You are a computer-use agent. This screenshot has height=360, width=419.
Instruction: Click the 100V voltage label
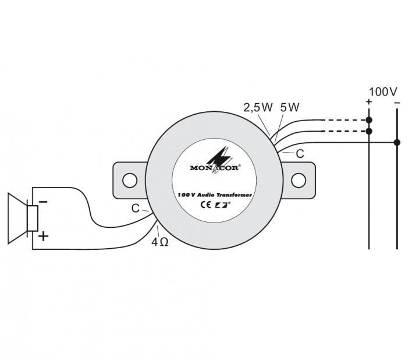click(382, 92)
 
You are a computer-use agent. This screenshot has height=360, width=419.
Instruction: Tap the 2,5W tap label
click(258, 107)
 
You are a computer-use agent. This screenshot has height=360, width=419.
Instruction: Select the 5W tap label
click(289, 107)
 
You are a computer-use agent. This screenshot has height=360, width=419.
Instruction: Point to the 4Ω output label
click(159, 242)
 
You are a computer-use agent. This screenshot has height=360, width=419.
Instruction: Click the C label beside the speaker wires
click(135, 208)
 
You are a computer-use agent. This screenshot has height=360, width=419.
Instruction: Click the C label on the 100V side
click(300, 154)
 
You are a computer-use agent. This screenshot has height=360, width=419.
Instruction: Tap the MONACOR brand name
click(215, 168)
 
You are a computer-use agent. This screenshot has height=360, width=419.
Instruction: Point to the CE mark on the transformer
click(205, 204)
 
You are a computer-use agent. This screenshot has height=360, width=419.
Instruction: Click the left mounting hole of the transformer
click(129, 180)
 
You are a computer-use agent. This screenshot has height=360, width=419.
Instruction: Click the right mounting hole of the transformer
click(298, 180)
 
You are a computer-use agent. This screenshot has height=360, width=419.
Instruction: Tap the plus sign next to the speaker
click(43, 237)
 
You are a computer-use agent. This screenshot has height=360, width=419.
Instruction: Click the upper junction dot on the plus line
click(369, 120)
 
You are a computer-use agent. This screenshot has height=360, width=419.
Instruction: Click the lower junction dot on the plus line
click(369, 131)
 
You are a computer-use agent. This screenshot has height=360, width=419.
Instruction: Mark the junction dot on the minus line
click(397, 142)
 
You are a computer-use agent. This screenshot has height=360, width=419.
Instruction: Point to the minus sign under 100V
click(397, 103)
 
